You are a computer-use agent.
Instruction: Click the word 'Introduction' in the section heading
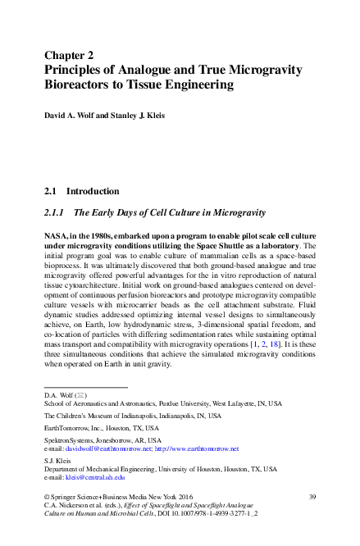93,191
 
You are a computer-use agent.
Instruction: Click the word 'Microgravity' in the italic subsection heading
235,213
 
